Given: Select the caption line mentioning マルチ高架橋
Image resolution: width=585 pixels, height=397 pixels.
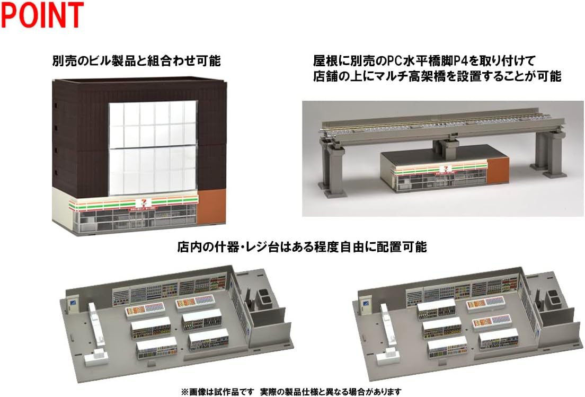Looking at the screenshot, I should (x=436, y=76).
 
